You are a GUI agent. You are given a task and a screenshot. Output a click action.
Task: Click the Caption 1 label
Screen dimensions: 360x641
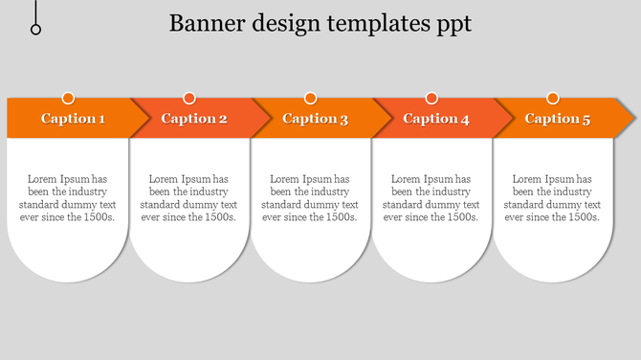[74, 119]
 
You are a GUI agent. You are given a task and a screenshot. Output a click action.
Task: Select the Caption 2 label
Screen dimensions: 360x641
[194, 119]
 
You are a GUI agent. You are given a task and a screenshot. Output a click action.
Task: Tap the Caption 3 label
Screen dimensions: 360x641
[316, 119]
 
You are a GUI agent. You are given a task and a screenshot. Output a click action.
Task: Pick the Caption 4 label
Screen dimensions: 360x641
[436, 119]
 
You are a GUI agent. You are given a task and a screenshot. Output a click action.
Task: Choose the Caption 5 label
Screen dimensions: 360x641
[558, 119]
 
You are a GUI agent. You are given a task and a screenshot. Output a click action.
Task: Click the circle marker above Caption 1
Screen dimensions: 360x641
[68, 98]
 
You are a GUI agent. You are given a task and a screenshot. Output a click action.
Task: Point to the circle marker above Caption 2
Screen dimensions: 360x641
[189, 98]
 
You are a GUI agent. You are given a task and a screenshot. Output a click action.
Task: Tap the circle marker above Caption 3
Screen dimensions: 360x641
[310, 98]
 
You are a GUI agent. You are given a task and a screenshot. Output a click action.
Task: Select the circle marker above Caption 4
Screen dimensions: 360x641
[431, 98]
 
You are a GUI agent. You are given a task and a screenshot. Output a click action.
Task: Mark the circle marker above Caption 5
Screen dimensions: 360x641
[552, 98]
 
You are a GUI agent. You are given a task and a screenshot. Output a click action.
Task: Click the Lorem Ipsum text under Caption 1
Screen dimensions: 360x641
[68, 197]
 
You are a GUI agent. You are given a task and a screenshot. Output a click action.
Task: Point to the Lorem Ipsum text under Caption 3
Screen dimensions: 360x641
[310, 197]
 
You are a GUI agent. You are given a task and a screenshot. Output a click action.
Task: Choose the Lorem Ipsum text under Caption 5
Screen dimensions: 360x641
[552, 197]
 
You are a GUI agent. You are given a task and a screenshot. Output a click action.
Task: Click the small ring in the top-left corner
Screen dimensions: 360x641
[36, 30]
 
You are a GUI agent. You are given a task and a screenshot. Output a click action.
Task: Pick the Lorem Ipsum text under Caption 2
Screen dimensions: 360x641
[189, 197]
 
